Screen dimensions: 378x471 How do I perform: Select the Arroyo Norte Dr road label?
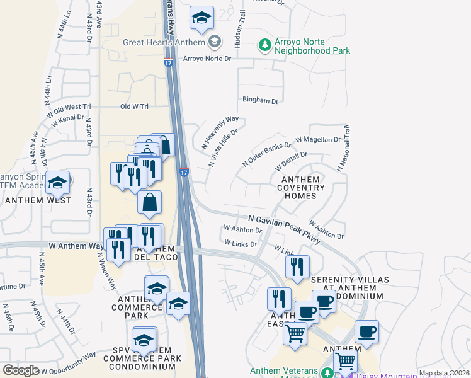pyautogui.click(x=207, y=59)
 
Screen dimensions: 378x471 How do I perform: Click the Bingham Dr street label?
pyautogui.click(x=260, y=100)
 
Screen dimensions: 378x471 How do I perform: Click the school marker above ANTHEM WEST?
pyautogui.click(x=58, y=183)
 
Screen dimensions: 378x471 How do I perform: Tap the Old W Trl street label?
pyautogui.click(x=133, y=106)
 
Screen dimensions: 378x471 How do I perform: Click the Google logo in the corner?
pyautogui.click(x=21, y=370)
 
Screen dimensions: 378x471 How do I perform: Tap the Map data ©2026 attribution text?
pyautogui.click(x=444, y=373)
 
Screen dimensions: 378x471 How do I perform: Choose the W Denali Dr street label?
pyautogui.click(x=291, y=161)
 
